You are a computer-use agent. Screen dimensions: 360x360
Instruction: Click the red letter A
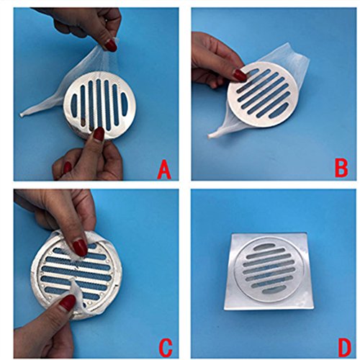(x=164, y=170)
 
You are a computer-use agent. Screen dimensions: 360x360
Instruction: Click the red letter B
(x=341, y=168)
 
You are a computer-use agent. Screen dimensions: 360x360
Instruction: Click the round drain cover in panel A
(x=100, y=106)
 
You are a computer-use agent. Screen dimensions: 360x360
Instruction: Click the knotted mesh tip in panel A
(x=22, y=115)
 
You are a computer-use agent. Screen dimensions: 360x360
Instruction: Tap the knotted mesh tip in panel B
(x=210, y=137)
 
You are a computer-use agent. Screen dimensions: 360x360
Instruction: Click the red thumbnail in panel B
(x=240, y=75)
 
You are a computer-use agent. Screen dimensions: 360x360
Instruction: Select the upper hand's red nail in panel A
(x=111, y=45)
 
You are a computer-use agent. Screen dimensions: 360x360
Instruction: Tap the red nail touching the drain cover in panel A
(x=99, y=133)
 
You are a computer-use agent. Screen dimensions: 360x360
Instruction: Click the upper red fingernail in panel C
(x=79, y=248)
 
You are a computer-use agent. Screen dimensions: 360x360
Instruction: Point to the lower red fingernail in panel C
(x=68, y=302)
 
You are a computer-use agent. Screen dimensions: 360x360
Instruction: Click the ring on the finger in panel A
(x=107, y=21)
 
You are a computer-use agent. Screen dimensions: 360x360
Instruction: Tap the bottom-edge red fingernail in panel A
(x=67, y=168)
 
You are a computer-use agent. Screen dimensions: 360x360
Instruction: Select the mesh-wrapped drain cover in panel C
(x=75, y=274)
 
